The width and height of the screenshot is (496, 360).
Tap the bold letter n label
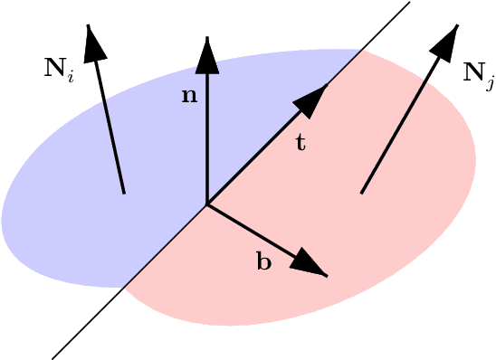tap(189, 96)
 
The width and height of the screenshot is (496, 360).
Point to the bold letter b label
tap(264, 263)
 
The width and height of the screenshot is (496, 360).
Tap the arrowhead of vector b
tap(310, 263)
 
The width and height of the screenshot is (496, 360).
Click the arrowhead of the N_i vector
tap(91, 42)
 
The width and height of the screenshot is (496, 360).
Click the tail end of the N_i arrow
tap(124, 193)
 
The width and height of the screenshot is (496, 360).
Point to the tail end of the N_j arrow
tap(362, 193)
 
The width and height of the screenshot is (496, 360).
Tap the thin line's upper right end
tap(409, 3)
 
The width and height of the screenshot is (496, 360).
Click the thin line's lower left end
tap(53, 358)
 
